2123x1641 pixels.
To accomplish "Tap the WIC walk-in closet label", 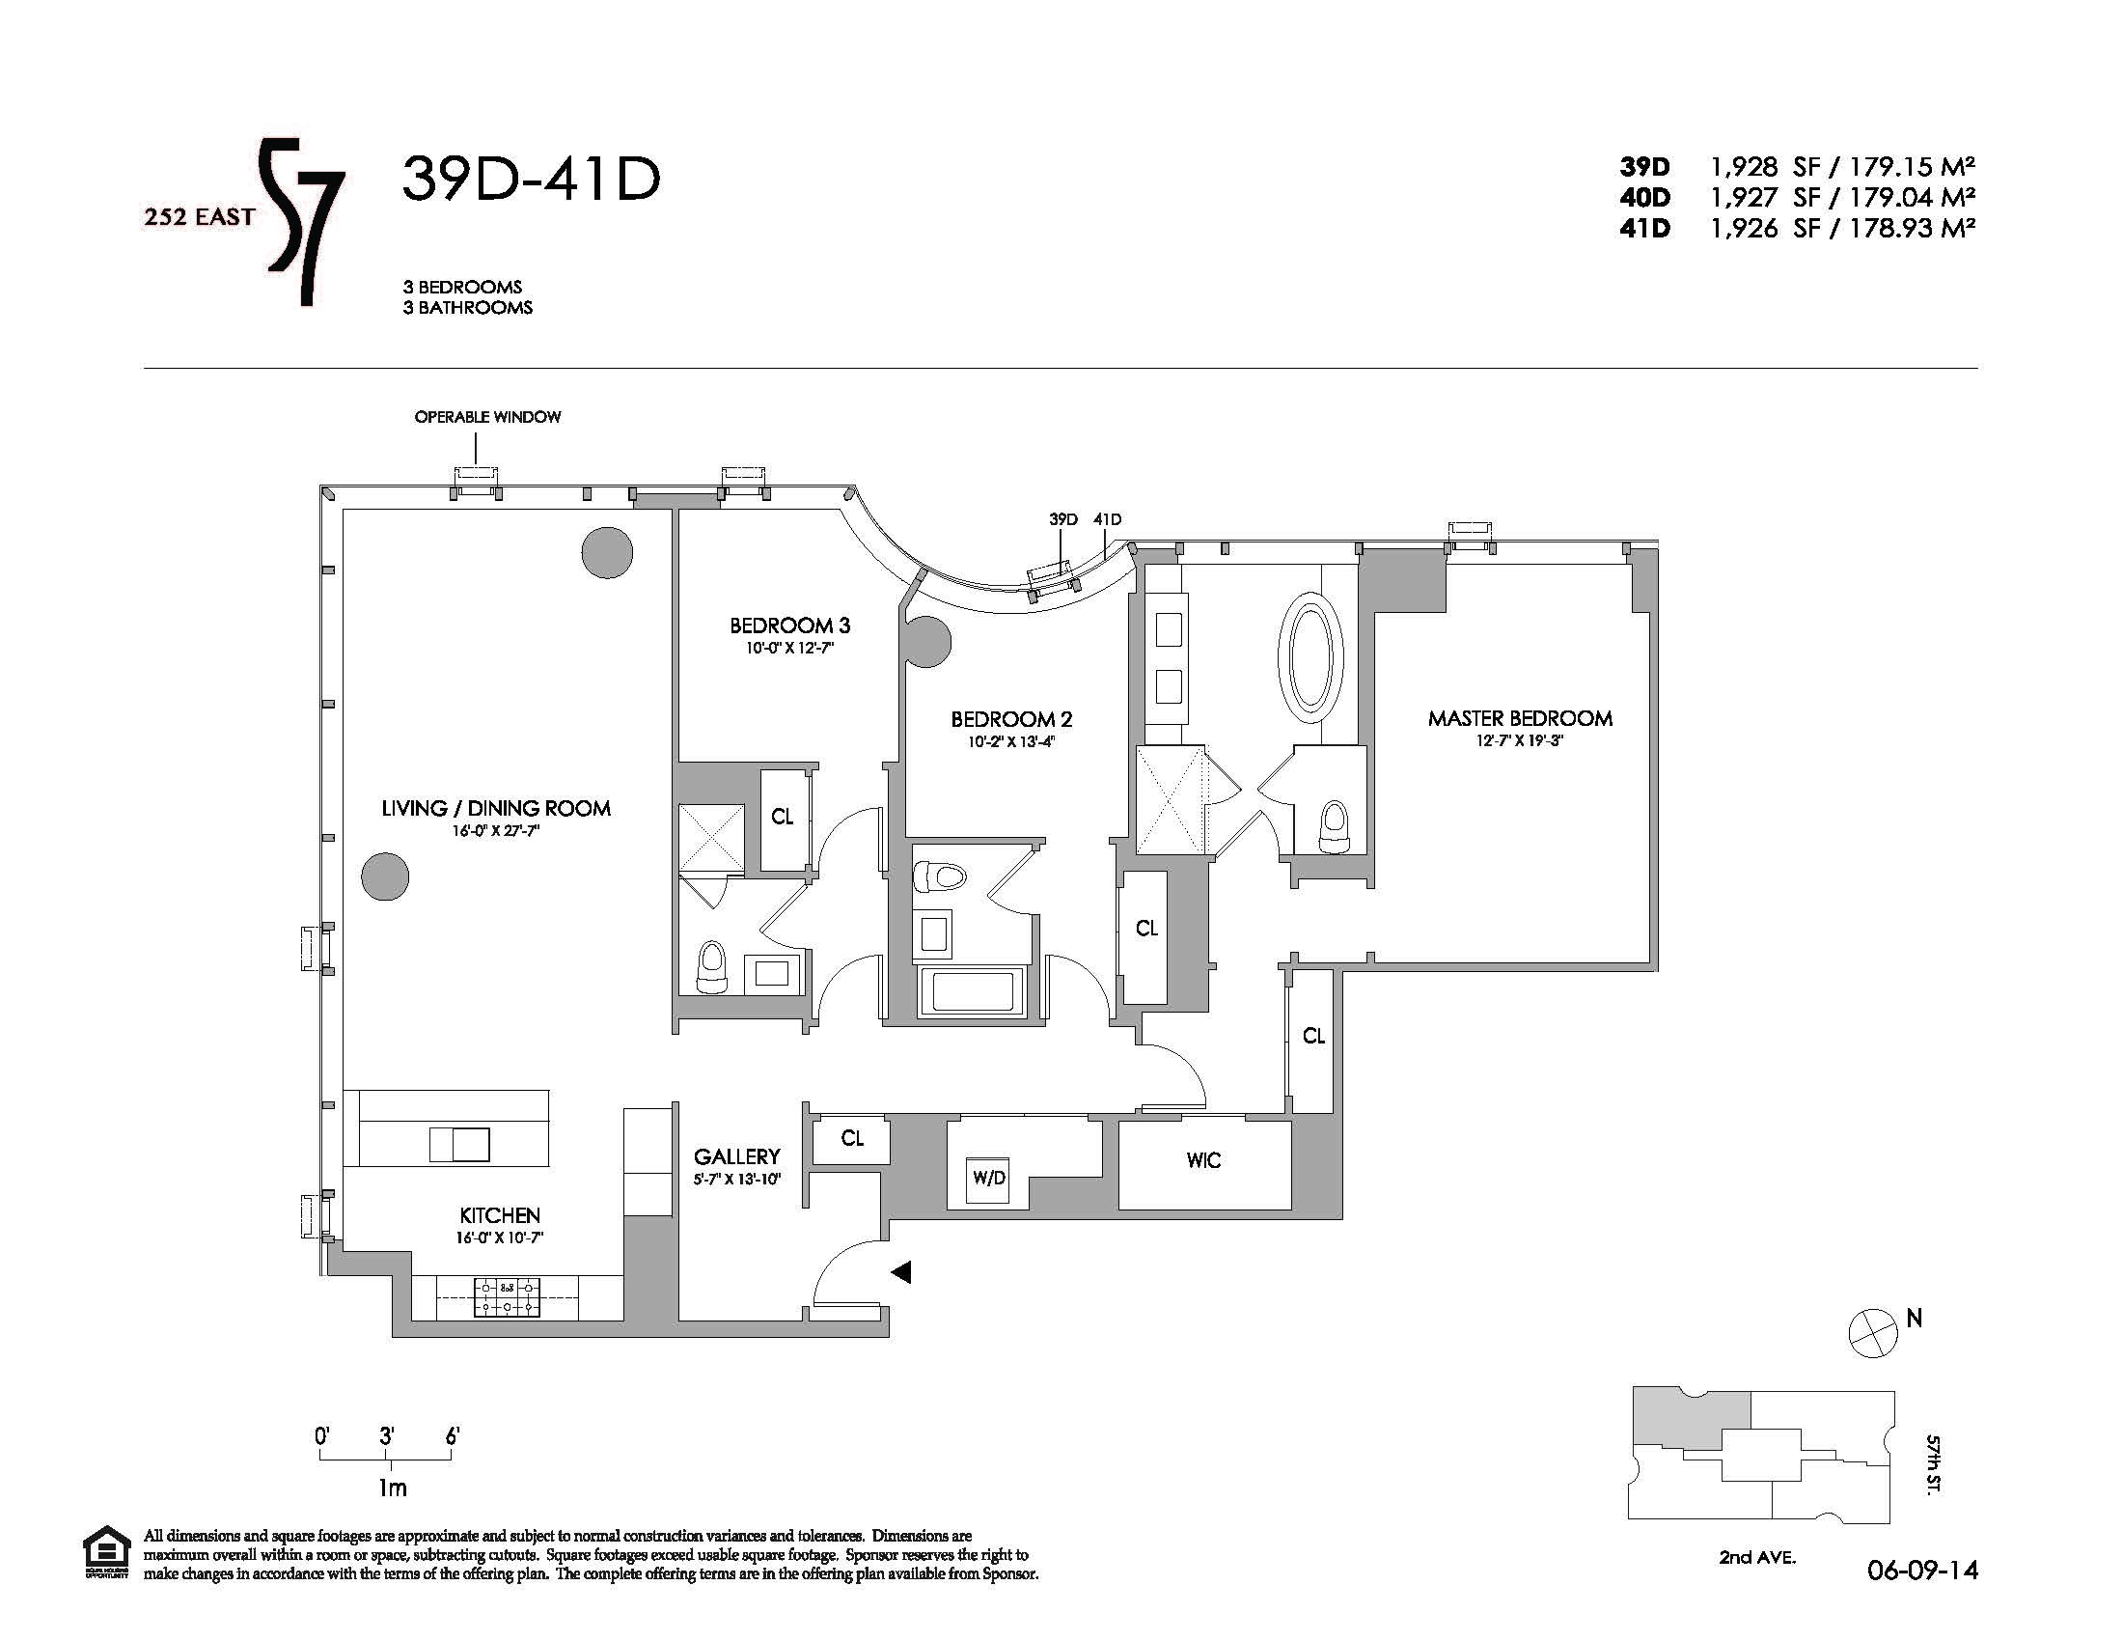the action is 1203,1160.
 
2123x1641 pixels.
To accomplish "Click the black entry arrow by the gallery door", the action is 901,1271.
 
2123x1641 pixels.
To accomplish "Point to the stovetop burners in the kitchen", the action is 507,1296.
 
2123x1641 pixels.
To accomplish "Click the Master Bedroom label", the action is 1519,718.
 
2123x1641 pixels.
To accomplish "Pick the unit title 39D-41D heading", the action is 531,180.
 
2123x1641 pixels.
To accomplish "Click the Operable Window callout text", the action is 488,417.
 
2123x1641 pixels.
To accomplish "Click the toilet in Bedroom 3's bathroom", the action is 712,966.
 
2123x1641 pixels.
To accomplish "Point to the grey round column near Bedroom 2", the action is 926,643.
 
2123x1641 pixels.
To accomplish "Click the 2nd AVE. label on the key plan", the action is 1757,1585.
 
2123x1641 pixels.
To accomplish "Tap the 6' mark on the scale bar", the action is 452,1436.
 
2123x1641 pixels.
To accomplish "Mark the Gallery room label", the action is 737,1156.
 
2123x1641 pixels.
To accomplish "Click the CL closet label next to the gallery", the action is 852,1138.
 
